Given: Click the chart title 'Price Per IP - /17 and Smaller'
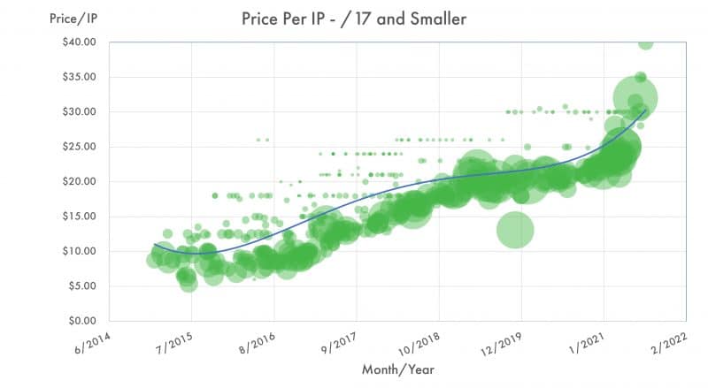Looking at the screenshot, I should (x=354, y=19).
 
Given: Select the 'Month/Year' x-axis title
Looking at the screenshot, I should (x=397, y=369).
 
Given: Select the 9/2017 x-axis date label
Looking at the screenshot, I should (x=337, y=343).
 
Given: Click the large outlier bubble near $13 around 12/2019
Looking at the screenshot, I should (x=515, y=231).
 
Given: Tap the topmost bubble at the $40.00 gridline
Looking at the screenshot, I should (x=646, y=42).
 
